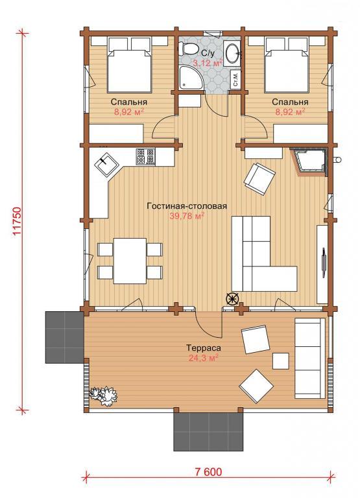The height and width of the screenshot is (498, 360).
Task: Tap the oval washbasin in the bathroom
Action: (233, 53)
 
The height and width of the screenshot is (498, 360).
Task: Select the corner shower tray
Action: (191, 78)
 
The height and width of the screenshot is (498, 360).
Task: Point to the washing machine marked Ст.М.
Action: (235, 79)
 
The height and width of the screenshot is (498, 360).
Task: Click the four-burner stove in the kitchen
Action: (145, 157)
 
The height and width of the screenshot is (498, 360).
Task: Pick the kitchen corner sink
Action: (106, 163)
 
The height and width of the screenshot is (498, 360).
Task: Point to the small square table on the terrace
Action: (281, 361)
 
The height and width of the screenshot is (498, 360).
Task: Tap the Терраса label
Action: (204, 348)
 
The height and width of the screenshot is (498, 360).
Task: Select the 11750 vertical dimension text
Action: (18, 221)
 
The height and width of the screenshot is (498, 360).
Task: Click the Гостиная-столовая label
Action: (187, 206)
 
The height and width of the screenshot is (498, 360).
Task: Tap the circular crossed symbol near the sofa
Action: (232, 299)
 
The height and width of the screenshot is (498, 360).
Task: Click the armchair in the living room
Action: (259, 179)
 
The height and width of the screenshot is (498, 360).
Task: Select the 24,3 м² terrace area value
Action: (203, 358)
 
